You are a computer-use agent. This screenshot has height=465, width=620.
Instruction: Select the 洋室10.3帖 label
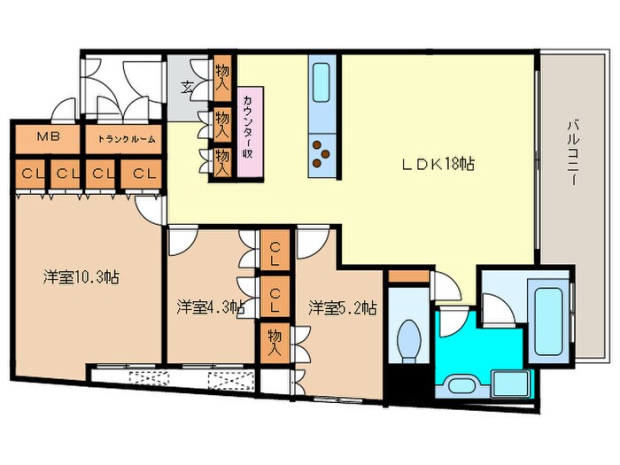click(x=81, y=276)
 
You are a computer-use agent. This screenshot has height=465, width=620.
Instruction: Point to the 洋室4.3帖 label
click(x=210, y=307)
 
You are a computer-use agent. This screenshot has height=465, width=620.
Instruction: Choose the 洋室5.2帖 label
click(x=343, y=307)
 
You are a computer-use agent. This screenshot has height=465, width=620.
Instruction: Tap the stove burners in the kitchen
click(x=321, y=157)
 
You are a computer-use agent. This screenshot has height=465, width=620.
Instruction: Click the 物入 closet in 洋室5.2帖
click(x=275, y=342)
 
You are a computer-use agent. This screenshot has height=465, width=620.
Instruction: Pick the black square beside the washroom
click(x=408, y=384)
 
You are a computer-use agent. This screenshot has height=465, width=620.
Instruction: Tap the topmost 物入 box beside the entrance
click(x=222, y=75)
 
